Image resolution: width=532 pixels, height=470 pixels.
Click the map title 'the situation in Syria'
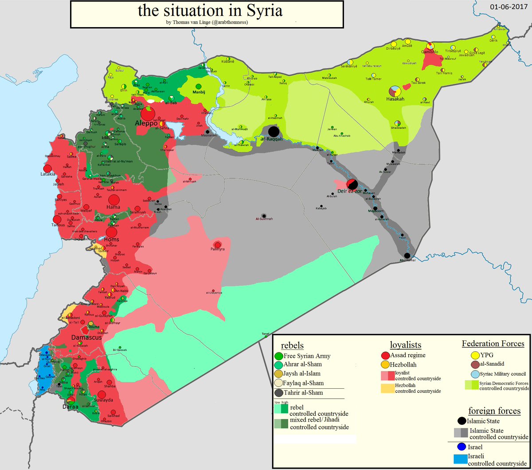[210, 11]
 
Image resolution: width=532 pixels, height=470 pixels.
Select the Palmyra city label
[218, 250]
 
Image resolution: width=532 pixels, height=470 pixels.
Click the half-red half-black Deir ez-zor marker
[352, 184]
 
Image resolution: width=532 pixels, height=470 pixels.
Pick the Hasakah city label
[395, 99]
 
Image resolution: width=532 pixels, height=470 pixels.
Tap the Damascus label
[86, 337]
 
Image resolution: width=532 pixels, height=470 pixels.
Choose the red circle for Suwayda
[102, 395]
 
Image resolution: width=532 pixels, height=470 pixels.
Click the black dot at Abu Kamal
[407, 255]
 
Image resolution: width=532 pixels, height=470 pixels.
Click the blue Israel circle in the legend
[461, 446]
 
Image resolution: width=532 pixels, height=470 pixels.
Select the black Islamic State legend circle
[462, 421]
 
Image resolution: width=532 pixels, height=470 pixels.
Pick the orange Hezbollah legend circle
[386, 364]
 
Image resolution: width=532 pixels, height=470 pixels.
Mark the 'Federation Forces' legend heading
[493, 344]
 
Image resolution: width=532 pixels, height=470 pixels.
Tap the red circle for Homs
[112, 232]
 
